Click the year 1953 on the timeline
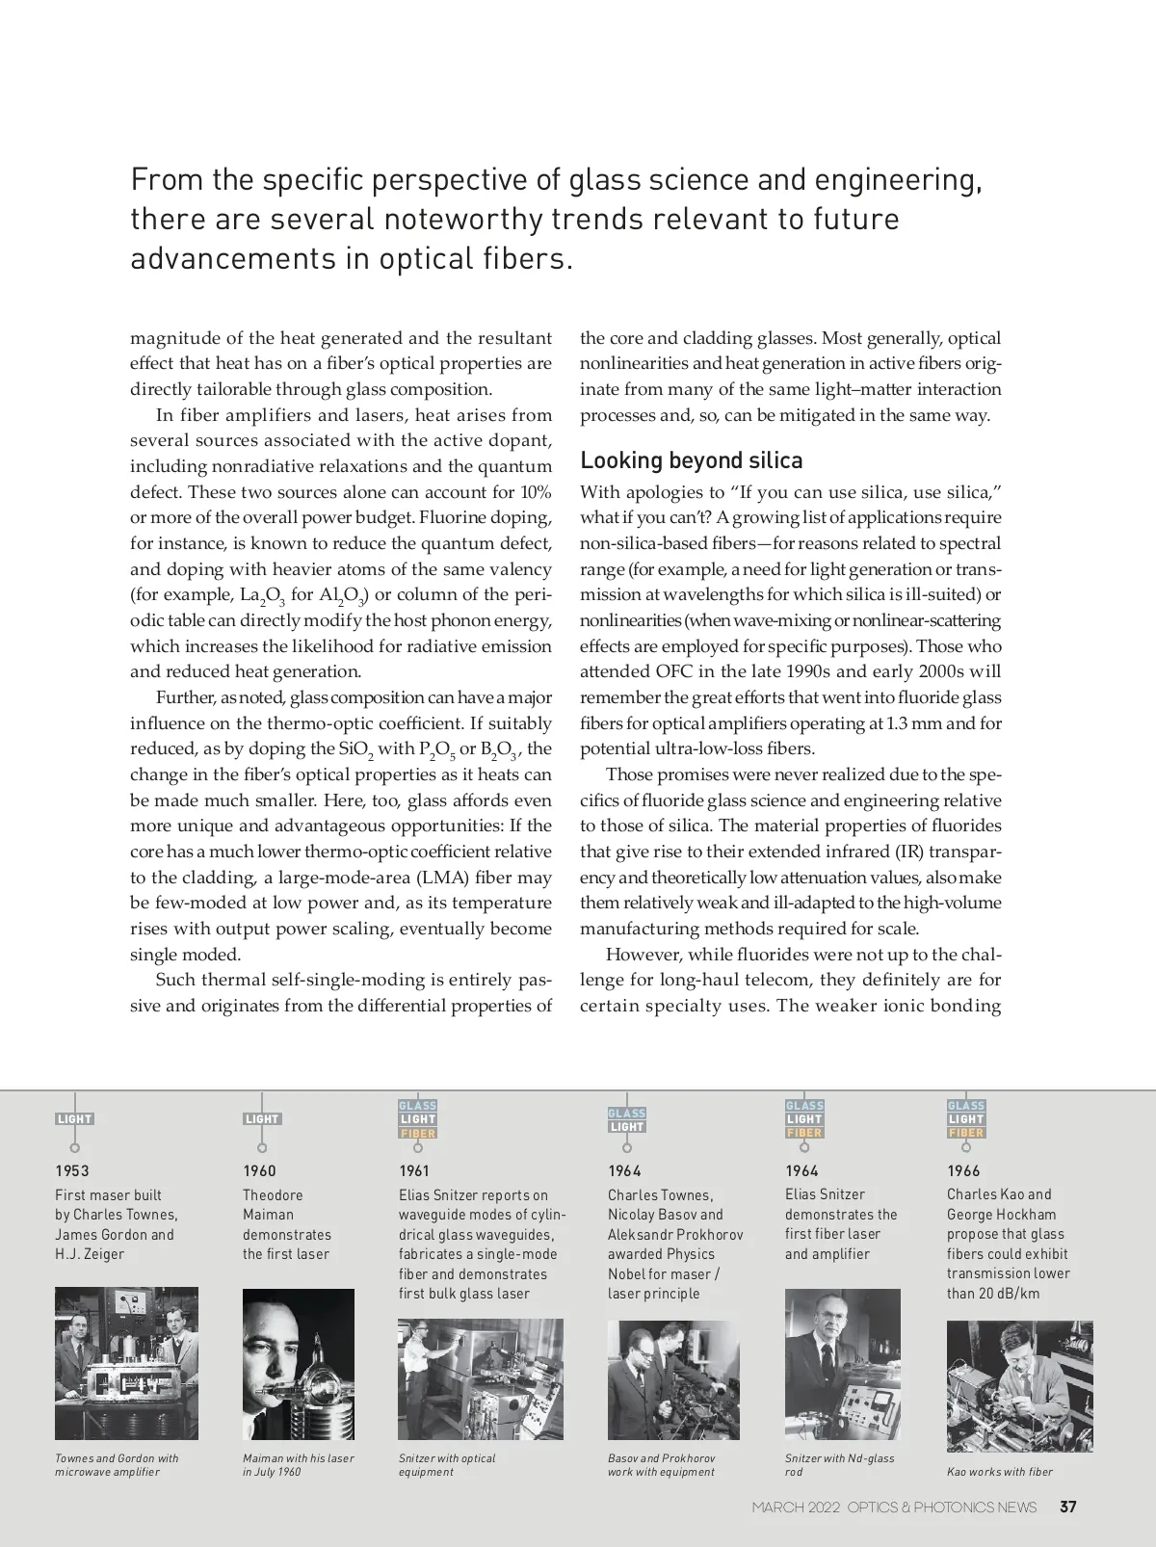tap(72, 1170)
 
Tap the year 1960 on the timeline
tap(259, 1170)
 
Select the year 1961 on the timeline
tap(414, 1170)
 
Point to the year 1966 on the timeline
tap(963, 1170)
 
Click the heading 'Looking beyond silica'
tap(691, 460)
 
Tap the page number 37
tap(1068, 1507)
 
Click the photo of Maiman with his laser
tap(299, 1364)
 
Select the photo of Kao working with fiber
tap(1019, 1385)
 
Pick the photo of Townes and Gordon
tap(126, 1363)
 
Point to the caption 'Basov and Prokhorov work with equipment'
tap(661, 1464)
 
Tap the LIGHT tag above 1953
tap(74, 1119)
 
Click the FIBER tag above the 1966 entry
tap(965, 1133)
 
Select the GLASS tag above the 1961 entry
tap(418, 1106)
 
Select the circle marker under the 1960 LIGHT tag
tap(262, 1147)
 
